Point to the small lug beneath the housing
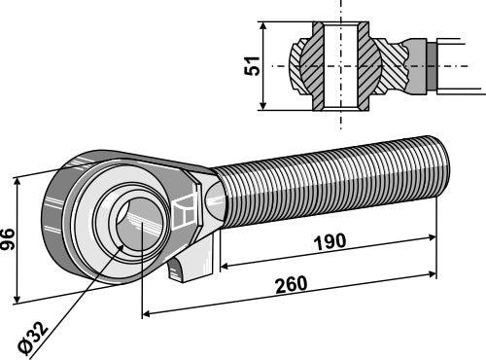[194, 266]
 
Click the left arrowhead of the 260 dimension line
[148, 313]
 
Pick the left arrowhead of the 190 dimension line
[226, 263]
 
